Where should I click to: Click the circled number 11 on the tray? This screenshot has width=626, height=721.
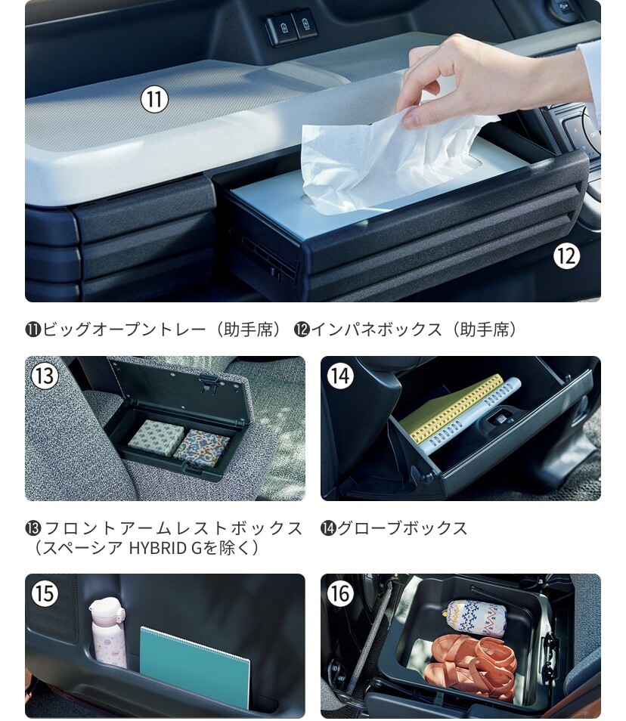point(154,100)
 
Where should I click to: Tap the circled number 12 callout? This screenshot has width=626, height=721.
point(566,255)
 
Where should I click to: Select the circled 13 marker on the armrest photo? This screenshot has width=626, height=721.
point(45,376)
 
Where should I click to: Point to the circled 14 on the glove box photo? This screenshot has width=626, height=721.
point(340,376)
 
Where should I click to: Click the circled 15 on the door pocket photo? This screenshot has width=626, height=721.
point(45,593)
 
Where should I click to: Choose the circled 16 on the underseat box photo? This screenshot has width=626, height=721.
point(340,593)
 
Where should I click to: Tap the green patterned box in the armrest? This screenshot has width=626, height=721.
point(151,435)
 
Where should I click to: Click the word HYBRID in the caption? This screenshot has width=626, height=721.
point(158,548)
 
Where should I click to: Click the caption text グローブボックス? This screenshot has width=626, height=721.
point(402,528)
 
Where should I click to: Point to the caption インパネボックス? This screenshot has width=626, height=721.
point(377,330)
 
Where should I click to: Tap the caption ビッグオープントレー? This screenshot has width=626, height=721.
point(124,330)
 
